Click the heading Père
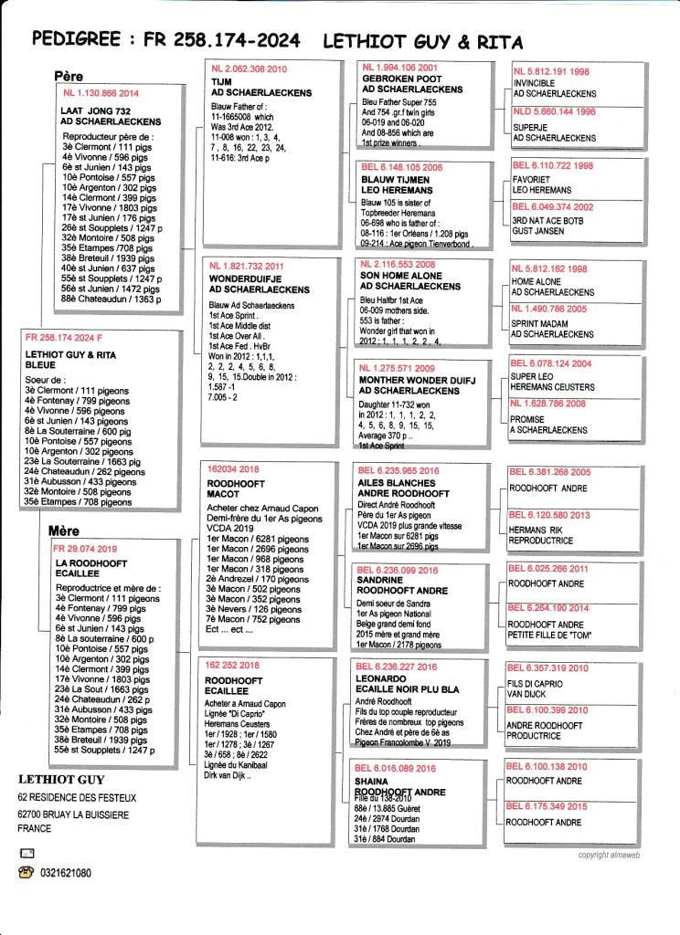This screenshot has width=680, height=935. pyautogui.click(x=69, y=78)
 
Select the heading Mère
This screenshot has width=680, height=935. pyautogui.click(x=64, y=531)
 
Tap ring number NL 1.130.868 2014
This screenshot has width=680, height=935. pyautogui.click(x=101, y=93)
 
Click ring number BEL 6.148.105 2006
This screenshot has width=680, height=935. pyautogui.click(x=402, y=167)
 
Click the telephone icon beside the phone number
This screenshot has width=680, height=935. pyautogui.click(x=26, y=873)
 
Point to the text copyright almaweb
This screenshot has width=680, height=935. pyautogui.click(x=608, y=855)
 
